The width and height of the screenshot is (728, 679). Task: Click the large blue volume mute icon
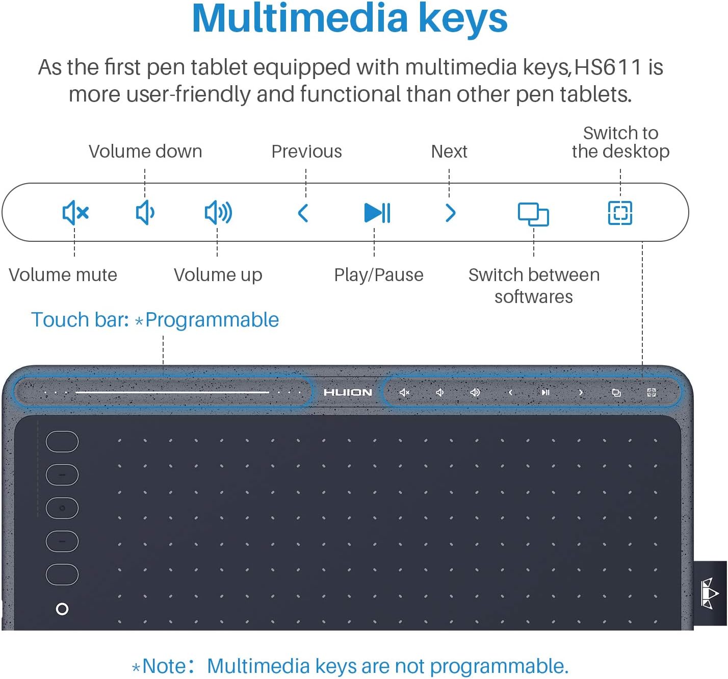pos(75,212)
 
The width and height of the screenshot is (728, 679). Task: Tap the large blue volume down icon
pos(145,212)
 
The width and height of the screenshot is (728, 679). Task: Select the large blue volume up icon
pos(218,212)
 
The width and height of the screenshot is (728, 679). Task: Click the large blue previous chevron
pos(303,213)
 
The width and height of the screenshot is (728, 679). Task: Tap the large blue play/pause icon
pos(377,213)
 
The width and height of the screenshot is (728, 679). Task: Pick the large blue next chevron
pos(451,213)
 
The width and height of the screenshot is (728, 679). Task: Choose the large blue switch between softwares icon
pos(533,214)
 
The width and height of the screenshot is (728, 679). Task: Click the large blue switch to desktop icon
pos(620,213)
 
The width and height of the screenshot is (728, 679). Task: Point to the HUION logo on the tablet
pos(348,392)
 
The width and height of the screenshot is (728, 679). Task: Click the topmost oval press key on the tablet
pos(62,442)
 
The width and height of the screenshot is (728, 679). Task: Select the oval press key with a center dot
pos(62,508)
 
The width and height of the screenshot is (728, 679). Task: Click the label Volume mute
pos(63,275)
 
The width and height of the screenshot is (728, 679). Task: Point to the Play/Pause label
pos(379,275)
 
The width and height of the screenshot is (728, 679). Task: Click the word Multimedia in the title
pos(300,19)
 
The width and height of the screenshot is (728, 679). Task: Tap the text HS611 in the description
pos(608,67)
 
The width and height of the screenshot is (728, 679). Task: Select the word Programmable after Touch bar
pos(212,320)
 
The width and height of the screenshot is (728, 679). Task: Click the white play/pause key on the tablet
pos(545,392)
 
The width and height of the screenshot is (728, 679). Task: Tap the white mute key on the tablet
pos(405,392)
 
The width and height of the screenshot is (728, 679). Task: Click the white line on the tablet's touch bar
pos(172,392)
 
